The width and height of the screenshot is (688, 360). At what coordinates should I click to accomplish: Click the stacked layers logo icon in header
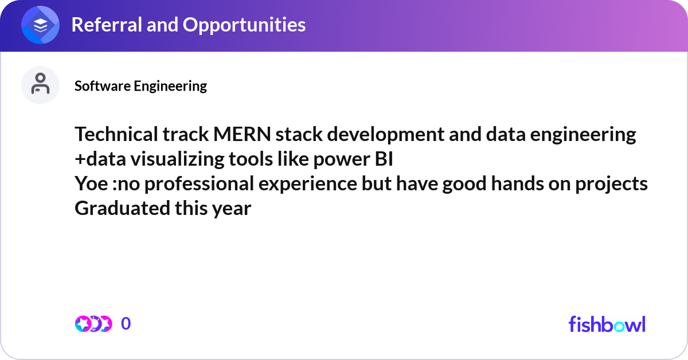(41, 25)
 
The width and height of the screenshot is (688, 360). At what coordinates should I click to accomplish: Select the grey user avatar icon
(41, 85)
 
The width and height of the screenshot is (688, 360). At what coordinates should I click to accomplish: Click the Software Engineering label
(140, 86)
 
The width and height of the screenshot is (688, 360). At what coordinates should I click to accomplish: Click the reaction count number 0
(126, 324)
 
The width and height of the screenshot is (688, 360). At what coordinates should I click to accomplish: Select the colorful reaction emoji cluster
(93, 324)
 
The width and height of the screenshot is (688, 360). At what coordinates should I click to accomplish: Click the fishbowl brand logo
(607, 324)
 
